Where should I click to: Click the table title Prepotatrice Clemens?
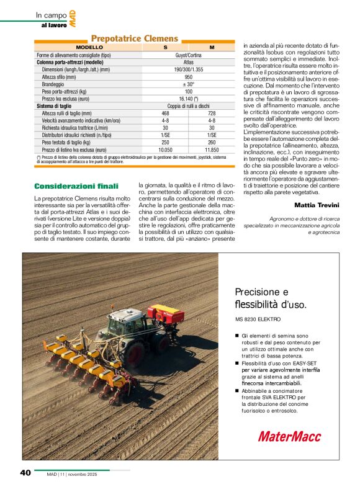pyautogui.click(x=135, y=39)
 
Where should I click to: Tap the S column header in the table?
pyautogui.click(x=165, y=47)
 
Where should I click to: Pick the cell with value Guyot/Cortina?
pyautogui.click(x=188, y=55)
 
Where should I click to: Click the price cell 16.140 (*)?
pyautogui.click(x=188, y=99)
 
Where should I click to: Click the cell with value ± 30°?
pyautogui.click(x=188, y=84)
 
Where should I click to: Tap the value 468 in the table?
pyautogui.click(x=165, y=114)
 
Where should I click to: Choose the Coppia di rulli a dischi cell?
pyautogui.click(x=188, y=106)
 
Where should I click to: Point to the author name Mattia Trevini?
pyautogui.click(x=316, y=205)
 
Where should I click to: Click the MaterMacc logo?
pyautogui.click(x=289, y=436)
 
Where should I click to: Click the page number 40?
pyautogui.click(x=25, y=473)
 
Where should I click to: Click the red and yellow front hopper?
pyautogui.click(x=166, y=313)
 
